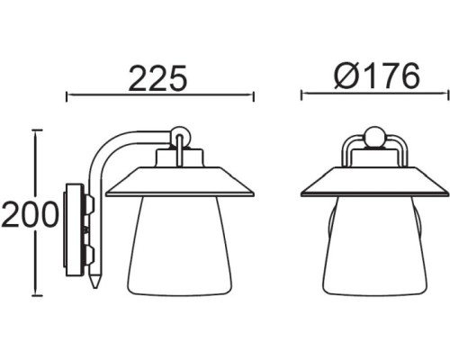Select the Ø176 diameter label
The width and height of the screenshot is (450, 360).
(376, 77)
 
